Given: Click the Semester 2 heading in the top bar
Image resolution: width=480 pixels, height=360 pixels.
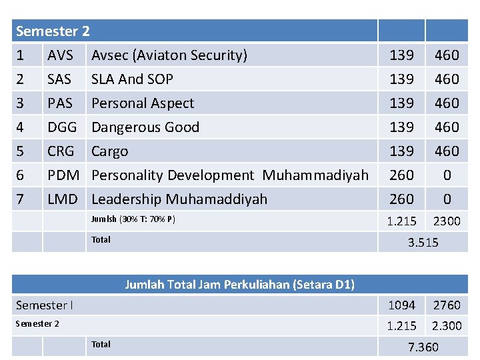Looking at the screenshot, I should click(x=53, y=31).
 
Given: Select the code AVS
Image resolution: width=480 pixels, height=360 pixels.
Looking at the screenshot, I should click(x=60, y=55).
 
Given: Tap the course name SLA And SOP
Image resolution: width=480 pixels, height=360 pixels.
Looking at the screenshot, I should click(x=132, y=79).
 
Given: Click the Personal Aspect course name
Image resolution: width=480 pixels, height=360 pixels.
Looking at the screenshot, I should click(x=143, y=103).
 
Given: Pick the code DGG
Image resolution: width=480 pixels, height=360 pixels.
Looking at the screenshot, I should click(x=62, y=127).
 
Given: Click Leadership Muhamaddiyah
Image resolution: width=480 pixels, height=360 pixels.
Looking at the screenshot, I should click(x=179, y=199).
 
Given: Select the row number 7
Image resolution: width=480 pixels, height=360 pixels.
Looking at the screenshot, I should click(x=20, y=199).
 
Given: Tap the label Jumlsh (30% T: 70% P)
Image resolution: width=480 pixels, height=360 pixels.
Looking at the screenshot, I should click(x=133, y=219).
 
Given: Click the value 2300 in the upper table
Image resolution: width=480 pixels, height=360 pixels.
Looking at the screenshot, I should click(x=447, y=221).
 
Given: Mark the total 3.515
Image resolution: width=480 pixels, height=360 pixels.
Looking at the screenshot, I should click(x=423, y=243).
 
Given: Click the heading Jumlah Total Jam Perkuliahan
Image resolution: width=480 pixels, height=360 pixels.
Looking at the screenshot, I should click(x=239, y=285).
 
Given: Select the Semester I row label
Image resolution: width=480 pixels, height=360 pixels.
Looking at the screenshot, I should click(x=45, y=305).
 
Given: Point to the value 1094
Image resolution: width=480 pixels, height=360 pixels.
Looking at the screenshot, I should click(x=401, y=305).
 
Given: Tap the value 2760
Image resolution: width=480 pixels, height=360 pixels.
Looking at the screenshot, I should click(x=447, y=305).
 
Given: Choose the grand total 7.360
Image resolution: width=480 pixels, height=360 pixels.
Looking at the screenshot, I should click(x=423, y=347).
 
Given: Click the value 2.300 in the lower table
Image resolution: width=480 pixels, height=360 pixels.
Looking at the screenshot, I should click(x=447, y=326).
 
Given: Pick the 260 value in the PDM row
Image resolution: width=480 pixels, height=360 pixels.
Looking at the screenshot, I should click(x=401, y=175).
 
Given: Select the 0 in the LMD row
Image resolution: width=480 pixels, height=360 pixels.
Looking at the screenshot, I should click(x=447, y=199).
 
